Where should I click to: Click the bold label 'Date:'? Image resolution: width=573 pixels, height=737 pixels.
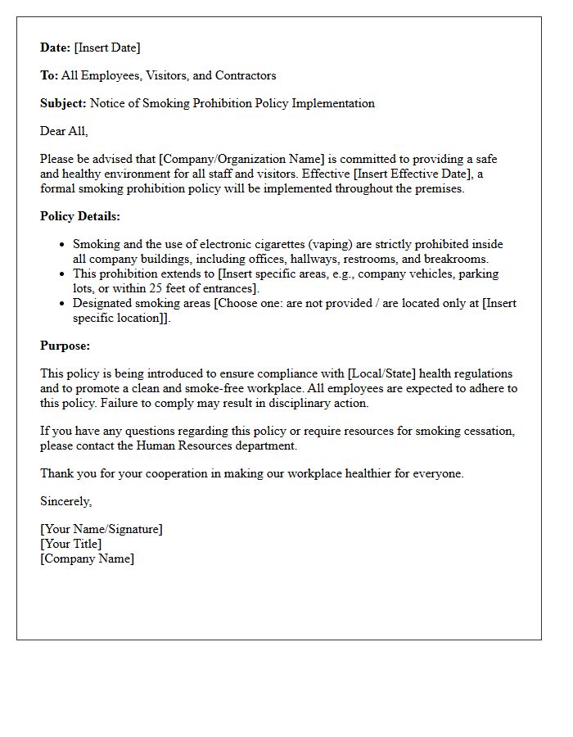coord(55,47)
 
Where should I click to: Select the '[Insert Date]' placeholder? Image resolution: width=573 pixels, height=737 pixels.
coord(107,47)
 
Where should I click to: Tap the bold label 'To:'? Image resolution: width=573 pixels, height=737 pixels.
coord(49,75)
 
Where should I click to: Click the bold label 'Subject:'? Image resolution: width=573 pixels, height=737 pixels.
coord(63,103)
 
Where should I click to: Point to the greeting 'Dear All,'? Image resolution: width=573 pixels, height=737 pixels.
coord(64,131)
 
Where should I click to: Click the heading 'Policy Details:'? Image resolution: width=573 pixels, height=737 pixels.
coord(80,216)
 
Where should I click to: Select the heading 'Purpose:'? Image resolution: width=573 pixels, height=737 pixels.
coord(65,346)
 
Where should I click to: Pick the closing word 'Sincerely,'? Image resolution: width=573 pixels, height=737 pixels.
coord(65,501)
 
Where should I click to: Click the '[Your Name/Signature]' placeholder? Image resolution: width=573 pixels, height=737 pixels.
coord(102,529)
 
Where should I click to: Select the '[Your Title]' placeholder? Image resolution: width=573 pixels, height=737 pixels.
coord(71,544)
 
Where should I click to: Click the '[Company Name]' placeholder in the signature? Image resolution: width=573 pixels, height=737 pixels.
coord(87,558)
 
